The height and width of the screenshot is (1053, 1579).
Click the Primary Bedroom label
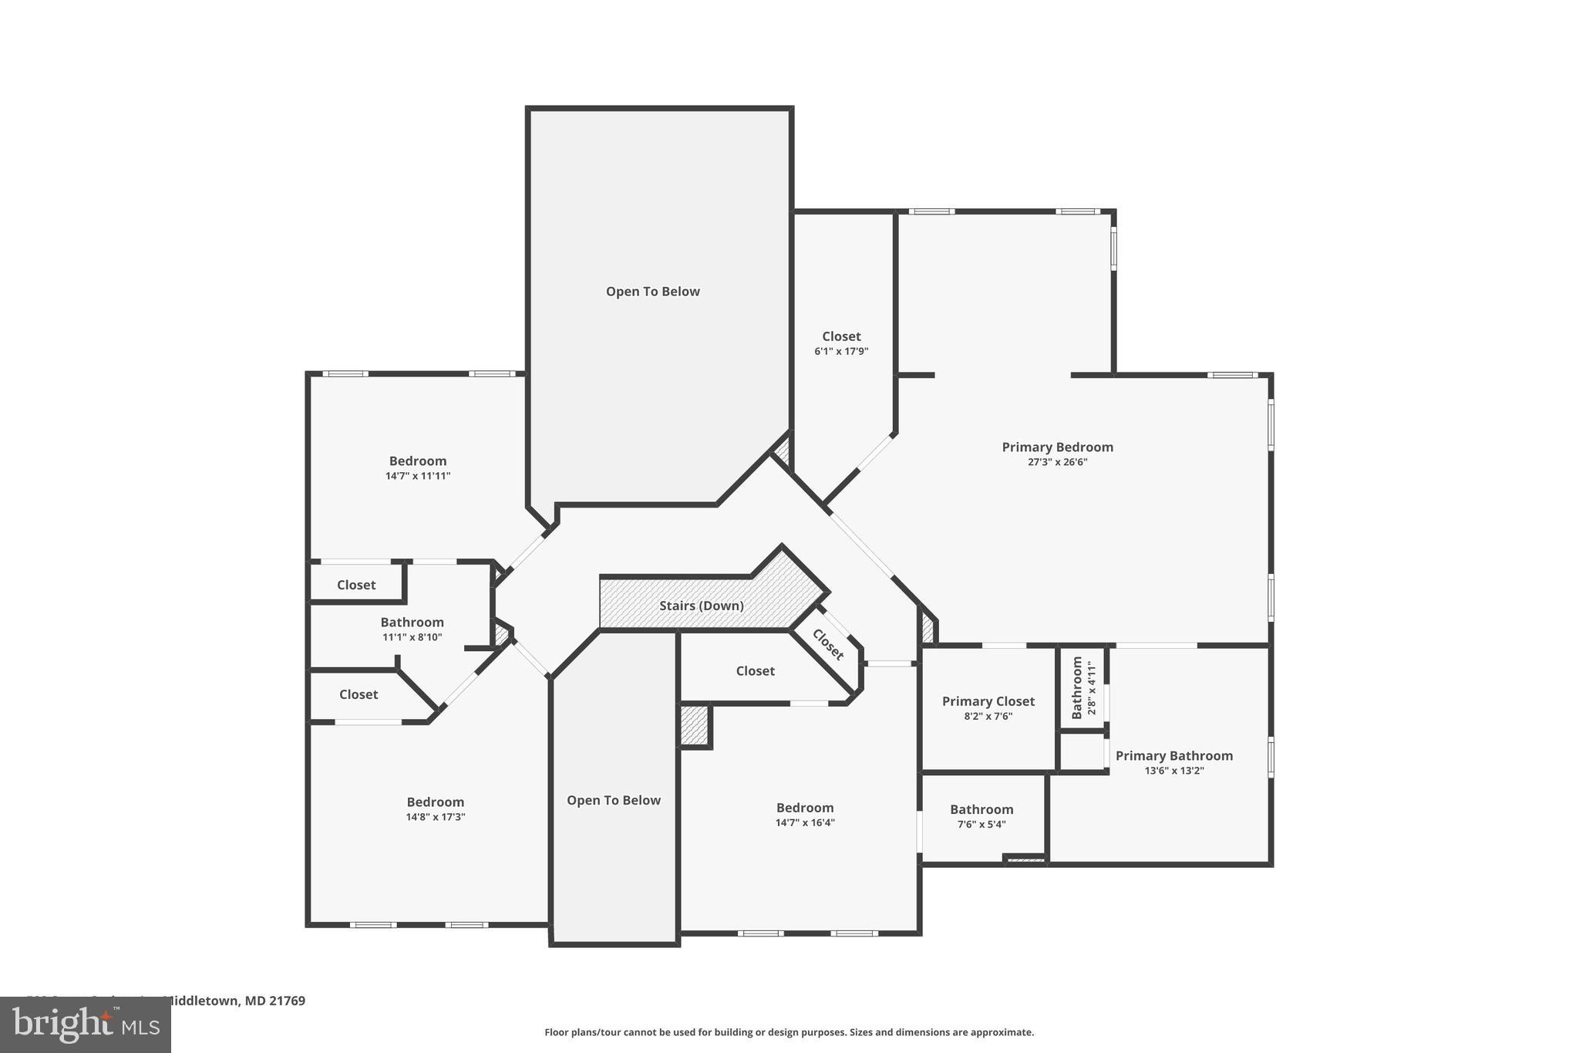1057,447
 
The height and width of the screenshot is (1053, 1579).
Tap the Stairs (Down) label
701,606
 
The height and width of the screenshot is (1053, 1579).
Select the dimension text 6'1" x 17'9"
841,351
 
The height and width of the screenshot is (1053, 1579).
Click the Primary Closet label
988,701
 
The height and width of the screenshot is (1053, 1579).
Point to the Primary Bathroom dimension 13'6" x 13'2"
1173,771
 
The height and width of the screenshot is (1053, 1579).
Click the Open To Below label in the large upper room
652,292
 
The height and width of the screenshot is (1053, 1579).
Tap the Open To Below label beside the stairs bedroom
613,800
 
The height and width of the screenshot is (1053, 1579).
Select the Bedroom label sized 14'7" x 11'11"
417,461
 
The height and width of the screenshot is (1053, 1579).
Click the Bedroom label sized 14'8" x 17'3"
435,802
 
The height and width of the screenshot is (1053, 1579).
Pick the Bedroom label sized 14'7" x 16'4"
804,808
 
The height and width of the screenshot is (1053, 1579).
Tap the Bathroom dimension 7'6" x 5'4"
981,824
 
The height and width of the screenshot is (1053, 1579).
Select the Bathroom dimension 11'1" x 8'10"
412,637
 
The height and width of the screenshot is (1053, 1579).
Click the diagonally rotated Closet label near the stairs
828,645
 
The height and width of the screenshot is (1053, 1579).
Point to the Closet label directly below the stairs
755,671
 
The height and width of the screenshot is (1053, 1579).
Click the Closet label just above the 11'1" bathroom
356,585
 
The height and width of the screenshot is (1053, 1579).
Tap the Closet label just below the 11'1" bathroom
359,694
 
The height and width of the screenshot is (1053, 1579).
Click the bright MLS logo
86,1024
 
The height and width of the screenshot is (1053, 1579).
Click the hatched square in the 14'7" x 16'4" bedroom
694,725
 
